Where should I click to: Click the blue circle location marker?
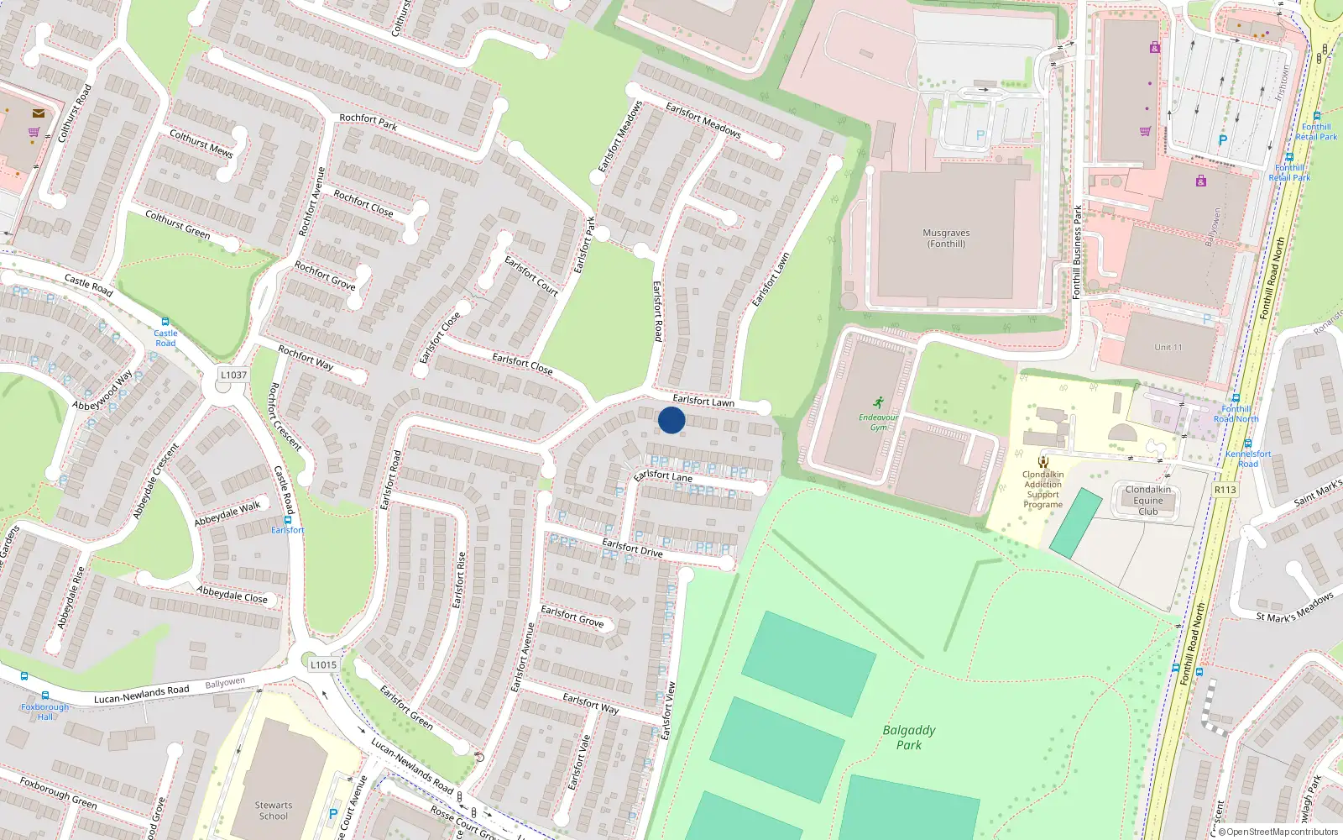(671, 420)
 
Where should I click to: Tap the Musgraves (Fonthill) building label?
(946, 239)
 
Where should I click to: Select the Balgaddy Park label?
(909, 738)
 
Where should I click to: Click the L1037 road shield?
(233, 375)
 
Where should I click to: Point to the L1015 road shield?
(323, 664)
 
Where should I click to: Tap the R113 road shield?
(1225, 490)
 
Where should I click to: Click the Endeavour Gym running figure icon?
(878, 403)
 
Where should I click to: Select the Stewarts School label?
(274, 811)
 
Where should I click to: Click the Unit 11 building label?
(1168, 347)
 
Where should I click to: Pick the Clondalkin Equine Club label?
(1148, 501)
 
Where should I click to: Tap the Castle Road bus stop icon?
(165, 322)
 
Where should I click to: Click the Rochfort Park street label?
(368, 122)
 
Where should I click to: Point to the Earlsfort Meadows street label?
(703, 119)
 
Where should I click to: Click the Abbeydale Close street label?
(233, 595)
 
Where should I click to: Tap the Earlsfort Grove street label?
(572, 616)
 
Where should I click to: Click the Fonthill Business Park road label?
(1078, 252)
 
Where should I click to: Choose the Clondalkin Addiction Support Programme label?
(1043, 490)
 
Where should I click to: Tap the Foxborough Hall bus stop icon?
(45, 696)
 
